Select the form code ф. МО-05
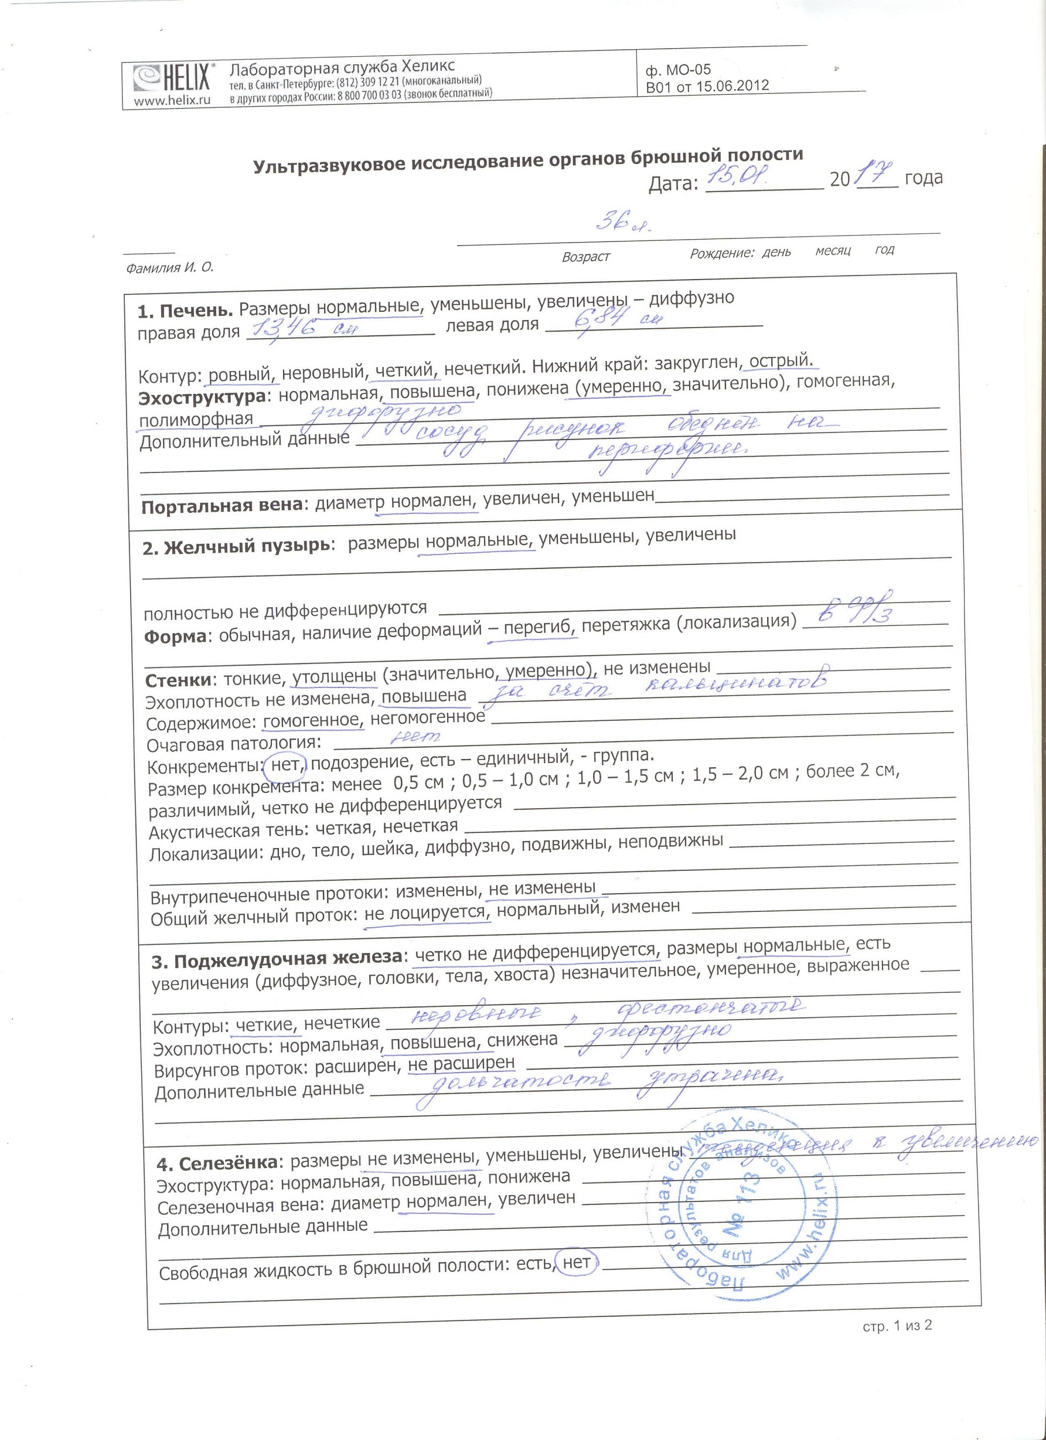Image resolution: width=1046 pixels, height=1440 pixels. [678, 70]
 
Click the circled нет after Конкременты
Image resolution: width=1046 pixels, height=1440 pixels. [285, 765]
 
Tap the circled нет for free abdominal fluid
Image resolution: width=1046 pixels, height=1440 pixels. [576, 1262]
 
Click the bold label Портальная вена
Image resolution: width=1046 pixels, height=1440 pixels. [222, 506]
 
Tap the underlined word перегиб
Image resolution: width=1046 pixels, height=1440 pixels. [539, 628]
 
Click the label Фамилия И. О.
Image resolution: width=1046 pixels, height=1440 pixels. [169, 268]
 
